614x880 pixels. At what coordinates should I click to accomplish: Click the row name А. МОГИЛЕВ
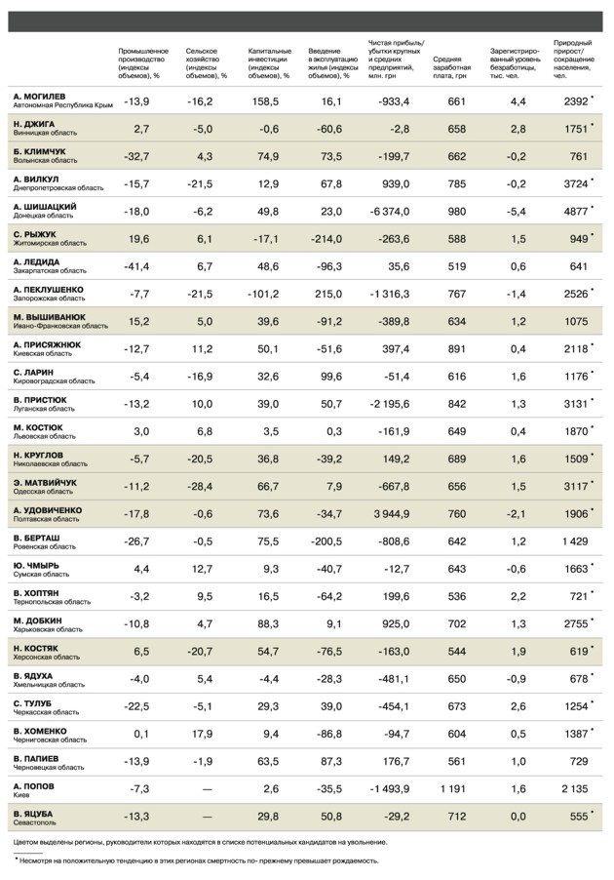pos(40,97)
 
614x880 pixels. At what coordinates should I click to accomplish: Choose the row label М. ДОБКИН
pos(38,620)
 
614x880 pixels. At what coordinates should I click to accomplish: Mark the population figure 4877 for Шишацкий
pos(577,212)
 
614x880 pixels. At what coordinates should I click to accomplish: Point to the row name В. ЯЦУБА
pos(33,812)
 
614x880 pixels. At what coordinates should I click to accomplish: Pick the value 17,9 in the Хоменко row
pos(201,734)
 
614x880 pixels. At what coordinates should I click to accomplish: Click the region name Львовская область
pos(45,436)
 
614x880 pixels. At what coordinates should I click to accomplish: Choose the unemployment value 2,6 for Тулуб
pos(518,705)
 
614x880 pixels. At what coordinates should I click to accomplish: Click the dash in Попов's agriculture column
pos(206,788)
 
